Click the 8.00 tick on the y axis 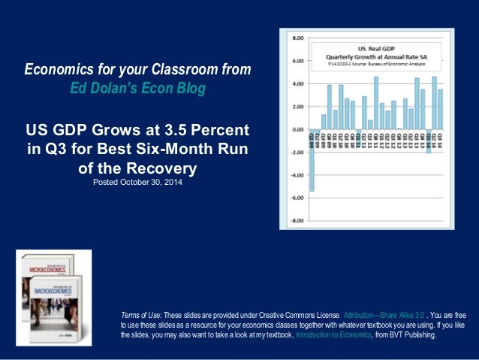click(297, 37)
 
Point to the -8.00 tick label click(297, 221)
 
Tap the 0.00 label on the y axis click(297, 129)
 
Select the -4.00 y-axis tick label click(297, 175)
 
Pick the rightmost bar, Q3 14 click(440, 109)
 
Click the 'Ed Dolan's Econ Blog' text click(137, 88)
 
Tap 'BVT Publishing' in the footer click(417, 335)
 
